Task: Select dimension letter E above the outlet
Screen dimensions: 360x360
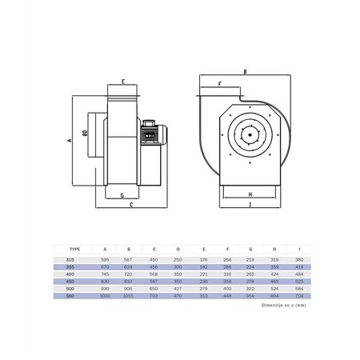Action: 123,82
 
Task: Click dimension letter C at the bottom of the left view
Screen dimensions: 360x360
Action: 130,206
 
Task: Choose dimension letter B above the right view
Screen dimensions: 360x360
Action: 244,70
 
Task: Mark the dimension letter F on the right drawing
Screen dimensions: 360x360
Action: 218,82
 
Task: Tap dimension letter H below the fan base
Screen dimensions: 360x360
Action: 250,194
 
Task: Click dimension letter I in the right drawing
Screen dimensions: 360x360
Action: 250,206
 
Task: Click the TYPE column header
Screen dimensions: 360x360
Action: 74,249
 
